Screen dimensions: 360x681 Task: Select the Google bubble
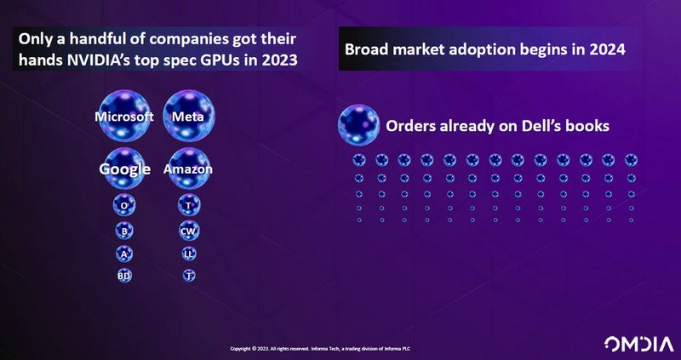pos(124,169)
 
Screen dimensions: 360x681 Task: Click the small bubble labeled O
pos(124,205)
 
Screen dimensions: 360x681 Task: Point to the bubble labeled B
pos(124,230)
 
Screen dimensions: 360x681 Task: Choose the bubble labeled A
pos(124,253)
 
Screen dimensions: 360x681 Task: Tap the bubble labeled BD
pos(124,275)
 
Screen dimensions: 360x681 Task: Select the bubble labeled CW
pos(188,230)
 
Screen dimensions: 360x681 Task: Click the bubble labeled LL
pos(188,253)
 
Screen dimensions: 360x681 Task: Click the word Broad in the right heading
pos(367,49)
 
